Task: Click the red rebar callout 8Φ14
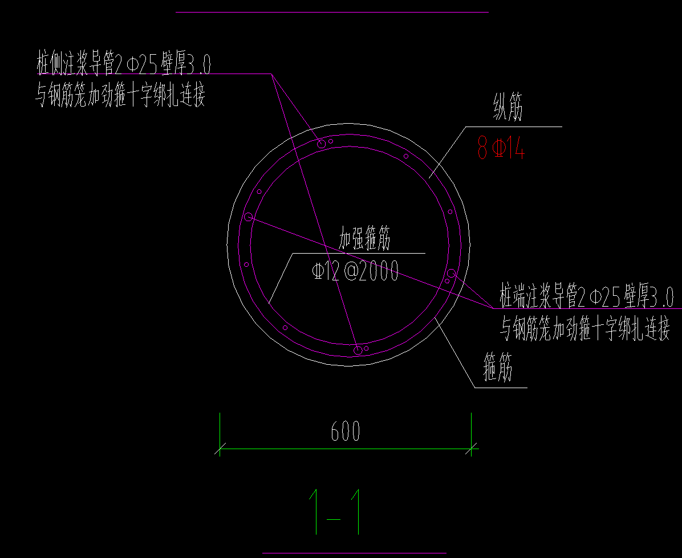click(500, 149)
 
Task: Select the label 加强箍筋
click(365, 239)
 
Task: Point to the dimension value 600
click(346, 431)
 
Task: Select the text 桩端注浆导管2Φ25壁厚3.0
click(587, 297)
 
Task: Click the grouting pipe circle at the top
click(322, 144)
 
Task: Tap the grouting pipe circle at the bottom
click(358, 350)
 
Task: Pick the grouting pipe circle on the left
click(249, 217)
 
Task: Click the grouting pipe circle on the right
click(451, 274)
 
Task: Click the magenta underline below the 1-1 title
click(354, 552)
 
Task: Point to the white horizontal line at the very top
click(332, 12)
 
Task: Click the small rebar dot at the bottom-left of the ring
click(285, 327)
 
